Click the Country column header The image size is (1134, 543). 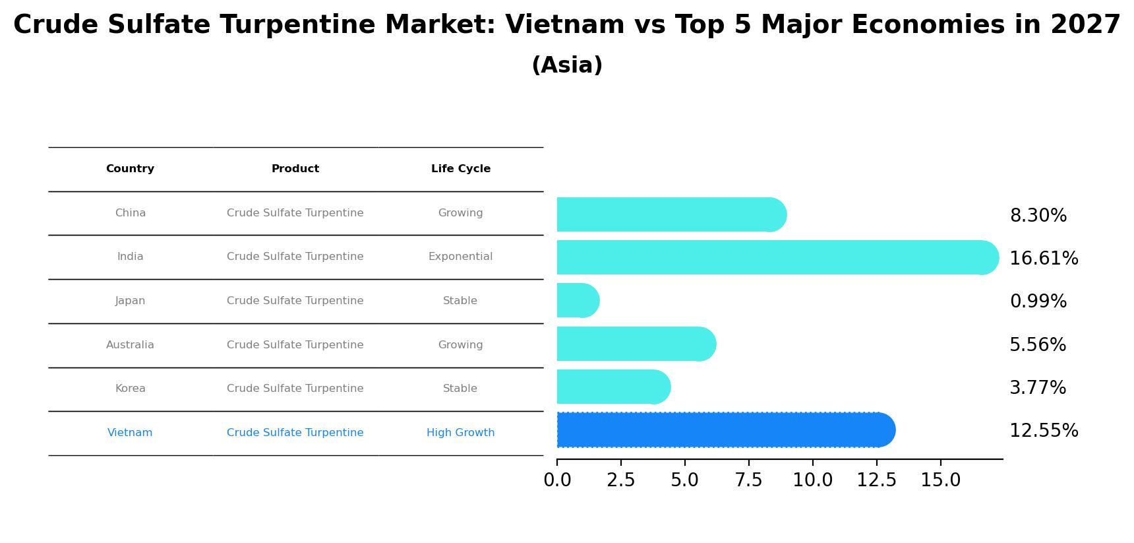point(130,169)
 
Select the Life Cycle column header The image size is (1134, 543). point(460,169)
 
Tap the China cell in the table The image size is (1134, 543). point(130,213)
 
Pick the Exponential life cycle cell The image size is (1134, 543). point(460,257)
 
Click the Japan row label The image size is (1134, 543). point(130,301)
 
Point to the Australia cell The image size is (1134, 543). point(130,345)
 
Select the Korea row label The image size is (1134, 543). point(130,389)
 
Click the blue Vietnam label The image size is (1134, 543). point(130,433)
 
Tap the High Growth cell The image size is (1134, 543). point(460,433)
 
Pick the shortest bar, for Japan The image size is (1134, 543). point(578,300)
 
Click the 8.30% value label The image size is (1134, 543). point(1038,216)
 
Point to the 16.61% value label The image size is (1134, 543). point(1044,259)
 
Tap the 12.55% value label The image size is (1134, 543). point(1044,431)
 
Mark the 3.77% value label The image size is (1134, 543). point(1038,388)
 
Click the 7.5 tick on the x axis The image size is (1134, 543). point(748,480)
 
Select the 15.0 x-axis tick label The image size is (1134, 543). point(940,480)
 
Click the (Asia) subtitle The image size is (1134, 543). point(567,65)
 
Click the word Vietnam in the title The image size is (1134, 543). point(564,25)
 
